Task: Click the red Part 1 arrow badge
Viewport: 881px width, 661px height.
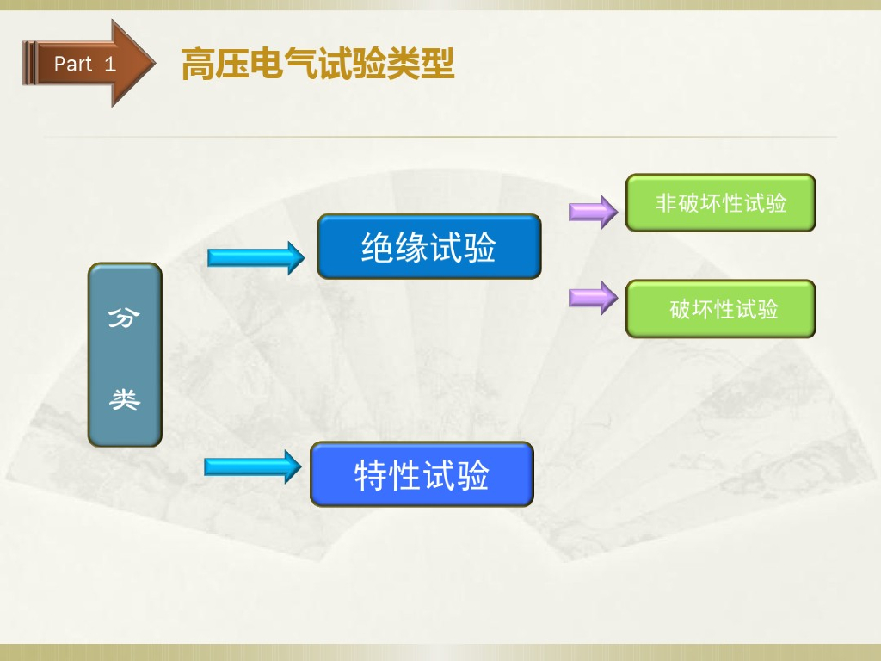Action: coord(86,63)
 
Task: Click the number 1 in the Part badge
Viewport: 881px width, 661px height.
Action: coord(110,63)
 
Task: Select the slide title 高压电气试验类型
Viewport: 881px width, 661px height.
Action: coord(317,65)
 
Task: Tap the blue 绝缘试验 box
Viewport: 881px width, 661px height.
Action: coord(428,247)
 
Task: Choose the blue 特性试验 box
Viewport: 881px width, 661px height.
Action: coord(422,474)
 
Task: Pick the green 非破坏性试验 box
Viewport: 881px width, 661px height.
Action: coord(720,203)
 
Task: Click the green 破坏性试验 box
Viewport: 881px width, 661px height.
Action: coord(720,308)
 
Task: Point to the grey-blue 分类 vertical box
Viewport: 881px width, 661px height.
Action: coord(125,355)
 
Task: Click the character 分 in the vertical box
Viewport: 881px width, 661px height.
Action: coord(125,318)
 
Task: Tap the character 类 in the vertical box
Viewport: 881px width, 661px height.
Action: coord(125,398)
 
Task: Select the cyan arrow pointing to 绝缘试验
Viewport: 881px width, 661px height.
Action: coord(256,256)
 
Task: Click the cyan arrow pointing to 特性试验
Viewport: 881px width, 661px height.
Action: coord(253,466)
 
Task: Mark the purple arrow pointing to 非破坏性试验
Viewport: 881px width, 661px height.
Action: coord(593,211)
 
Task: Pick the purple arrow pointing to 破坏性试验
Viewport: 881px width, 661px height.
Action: coord(593,298)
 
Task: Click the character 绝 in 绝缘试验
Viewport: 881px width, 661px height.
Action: coord(378,248)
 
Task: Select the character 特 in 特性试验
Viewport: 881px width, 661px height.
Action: coord(371,475)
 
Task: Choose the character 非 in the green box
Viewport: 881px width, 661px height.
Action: coord(665,203)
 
